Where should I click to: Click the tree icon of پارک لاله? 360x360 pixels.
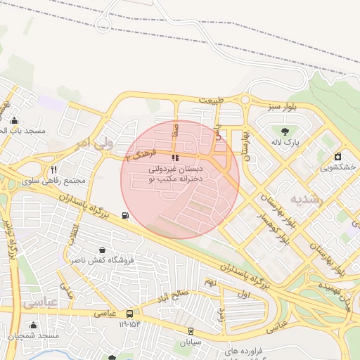click(x=285, y=131)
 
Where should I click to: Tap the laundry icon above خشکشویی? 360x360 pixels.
click(x=337, y=156)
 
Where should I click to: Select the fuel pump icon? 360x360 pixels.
click(x=125, y=215)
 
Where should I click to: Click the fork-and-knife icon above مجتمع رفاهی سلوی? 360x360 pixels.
click(x=54, y=169)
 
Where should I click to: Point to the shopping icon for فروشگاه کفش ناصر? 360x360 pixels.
click(x=103, y=250)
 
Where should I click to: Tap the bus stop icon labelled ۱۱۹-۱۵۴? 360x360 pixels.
click(x=129, y=314)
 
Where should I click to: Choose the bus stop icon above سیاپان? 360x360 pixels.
click(x=190, y=330)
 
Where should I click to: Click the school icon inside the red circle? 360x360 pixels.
click(x=175, y=158)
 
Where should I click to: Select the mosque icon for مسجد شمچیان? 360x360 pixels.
click(x=33, y=325)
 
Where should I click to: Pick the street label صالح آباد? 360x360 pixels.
click(x=173, y=295)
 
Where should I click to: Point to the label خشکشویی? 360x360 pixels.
click(x=337, y=168)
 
